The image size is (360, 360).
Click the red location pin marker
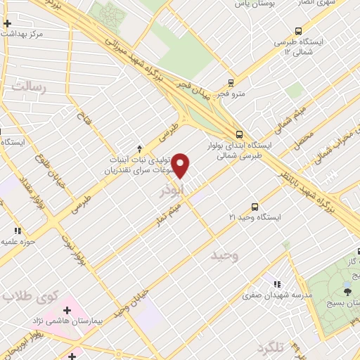click(x=181, y=166)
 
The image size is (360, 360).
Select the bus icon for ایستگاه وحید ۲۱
click(x=255, y=207)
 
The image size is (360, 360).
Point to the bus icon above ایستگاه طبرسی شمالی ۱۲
click(x=299, y=31)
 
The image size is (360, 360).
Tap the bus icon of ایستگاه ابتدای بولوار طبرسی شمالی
click(x=239, y=134)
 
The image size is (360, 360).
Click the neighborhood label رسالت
click(x=27, y=87)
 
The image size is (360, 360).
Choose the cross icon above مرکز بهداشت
click(x=7, y=23)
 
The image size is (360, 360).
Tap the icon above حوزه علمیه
click(x=18, y=231)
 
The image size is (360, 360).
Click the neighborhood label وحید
click(x=225, y=256)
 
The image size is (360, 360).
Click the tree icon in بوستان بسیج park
click(x=347, y=290)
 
